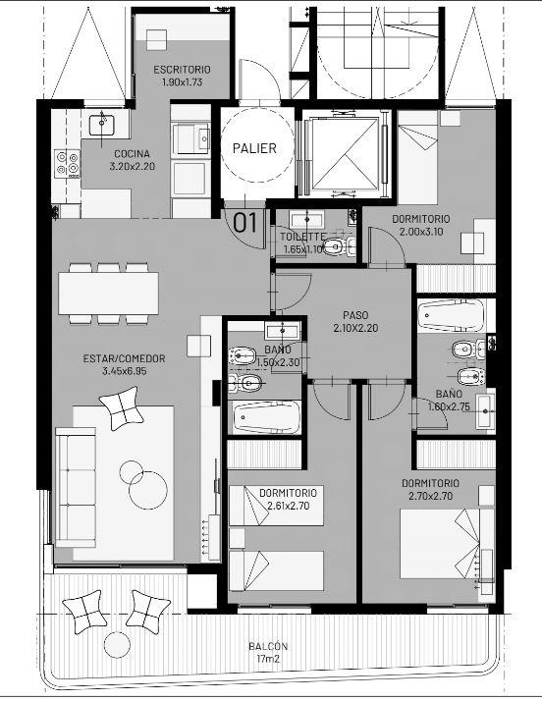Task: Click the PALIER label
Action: click(x=254, y=148)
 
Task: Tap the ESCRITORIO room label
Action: click(x=182, y=70)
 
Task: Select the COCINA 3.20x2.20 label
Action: click(x=132, y=160)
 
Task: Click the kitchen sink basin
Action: click(x=102, y=125)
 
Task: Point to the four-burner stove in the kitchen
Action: click(x=68, y=164)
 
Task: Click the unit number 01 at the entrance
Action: click(x=245, y=223)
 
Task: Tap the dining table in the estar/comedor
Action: click(x=109, y=294)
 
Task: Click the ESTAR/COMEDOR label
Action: click(x=125, y=358)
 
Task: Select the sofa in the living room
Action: click(x=76, y=487)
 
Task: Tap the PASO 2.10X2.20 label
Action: click(x=355, y=321)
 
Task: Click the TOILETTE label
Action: click(x=302, y=237)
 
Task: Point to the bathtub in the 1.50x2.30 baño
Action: click(x=266, y=417)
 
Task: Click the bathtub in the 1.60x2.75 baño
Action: click(x=452, y=315)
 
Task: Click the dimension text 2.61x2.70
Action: click(x=289, y=506)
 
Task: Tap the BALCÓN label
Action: click(x=268, y=646)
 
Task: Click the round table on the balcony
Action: click(x=117, y=645)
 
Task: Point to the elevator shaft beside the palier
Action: click(x=345, y=153)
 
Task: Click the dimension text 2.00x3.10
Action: click(x=421, y=232)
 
